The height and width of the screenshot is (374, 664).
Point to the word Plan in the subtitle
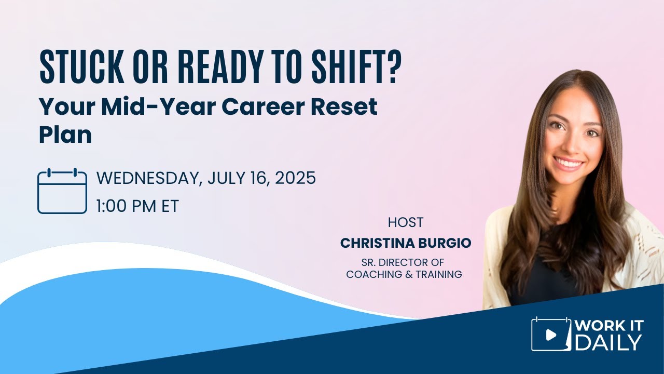tap(65, 135)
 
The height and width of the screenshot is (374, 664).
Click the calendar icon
tap(62, 191)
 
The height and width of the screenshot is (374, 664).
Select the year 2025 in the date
tap(295, 178)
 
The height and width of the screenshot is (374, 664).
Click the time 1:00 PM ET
tap(137, 206)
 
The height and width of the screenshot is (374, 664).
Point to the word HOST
tap(406, 222)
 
